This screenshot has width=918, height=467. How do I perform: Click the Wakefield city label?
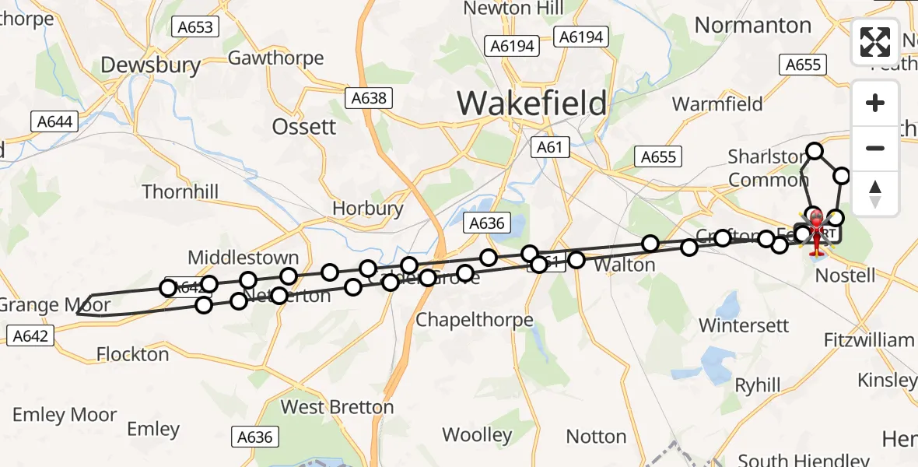531,103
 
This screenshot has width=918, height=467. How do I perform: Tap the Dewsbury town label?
151,65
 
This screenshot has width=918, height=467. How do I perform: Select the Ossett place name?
304,126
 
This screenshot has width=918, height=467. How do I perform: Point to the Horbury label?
367,209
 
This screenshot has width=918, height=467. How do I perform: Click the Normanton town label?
752,25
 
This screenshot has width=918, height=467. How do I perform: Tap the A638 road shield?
369,98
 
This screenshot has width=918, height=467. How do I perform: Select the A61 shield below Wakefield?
550,146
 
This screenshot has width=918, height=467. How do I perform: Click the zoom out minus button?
875,148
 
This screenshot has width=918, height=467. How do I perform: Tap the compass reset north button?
875,194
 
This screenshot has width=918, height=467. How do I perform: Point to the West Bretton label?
337,407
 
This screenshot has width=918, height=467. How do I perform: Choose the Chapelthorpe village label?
474,319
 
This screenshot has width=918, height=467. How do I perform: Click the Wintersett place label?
744,325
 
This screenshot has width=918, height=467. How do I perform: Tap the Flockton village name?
132,354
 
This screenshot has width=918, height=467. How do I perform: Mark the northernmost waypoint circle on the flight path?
815,151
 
